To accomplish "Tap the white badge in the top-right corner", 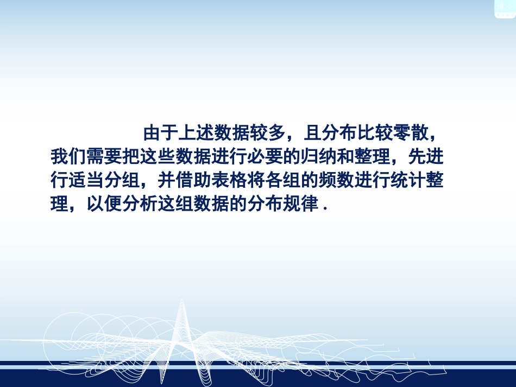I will pos(504,8).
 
